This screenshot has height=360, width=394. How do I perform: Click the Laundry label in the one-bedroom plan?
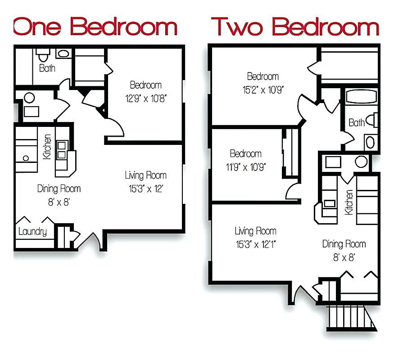32,232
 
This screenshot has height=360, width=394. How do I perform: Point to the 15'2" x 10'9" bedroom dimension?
263,89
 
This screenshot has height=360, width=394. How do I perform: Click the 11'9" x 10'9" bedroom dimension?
245,167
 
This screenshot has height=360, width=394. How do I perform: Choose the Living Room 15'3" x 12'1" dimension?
255,244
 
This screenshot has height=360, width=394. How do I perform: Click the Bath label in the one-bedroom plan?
47,68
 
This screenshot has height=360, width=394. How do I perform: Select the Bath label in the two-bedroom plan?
356,122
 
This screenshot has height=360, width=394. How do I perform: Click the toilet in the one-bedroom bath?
43,56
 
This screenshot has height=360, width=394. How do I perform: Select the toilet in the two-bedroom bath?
371,120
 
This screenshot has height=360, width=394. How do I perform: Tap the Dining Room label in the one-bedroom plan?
59,189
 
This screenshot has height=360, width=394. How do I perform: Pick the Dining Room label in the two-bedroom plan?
344,244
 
